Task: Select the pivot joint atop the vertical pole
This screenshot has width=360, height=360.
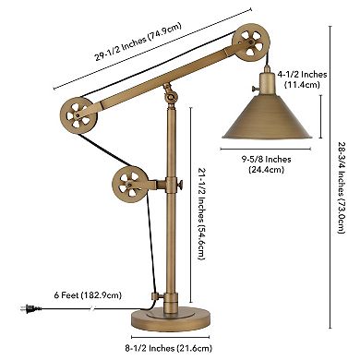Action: (x=169, y=95)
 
